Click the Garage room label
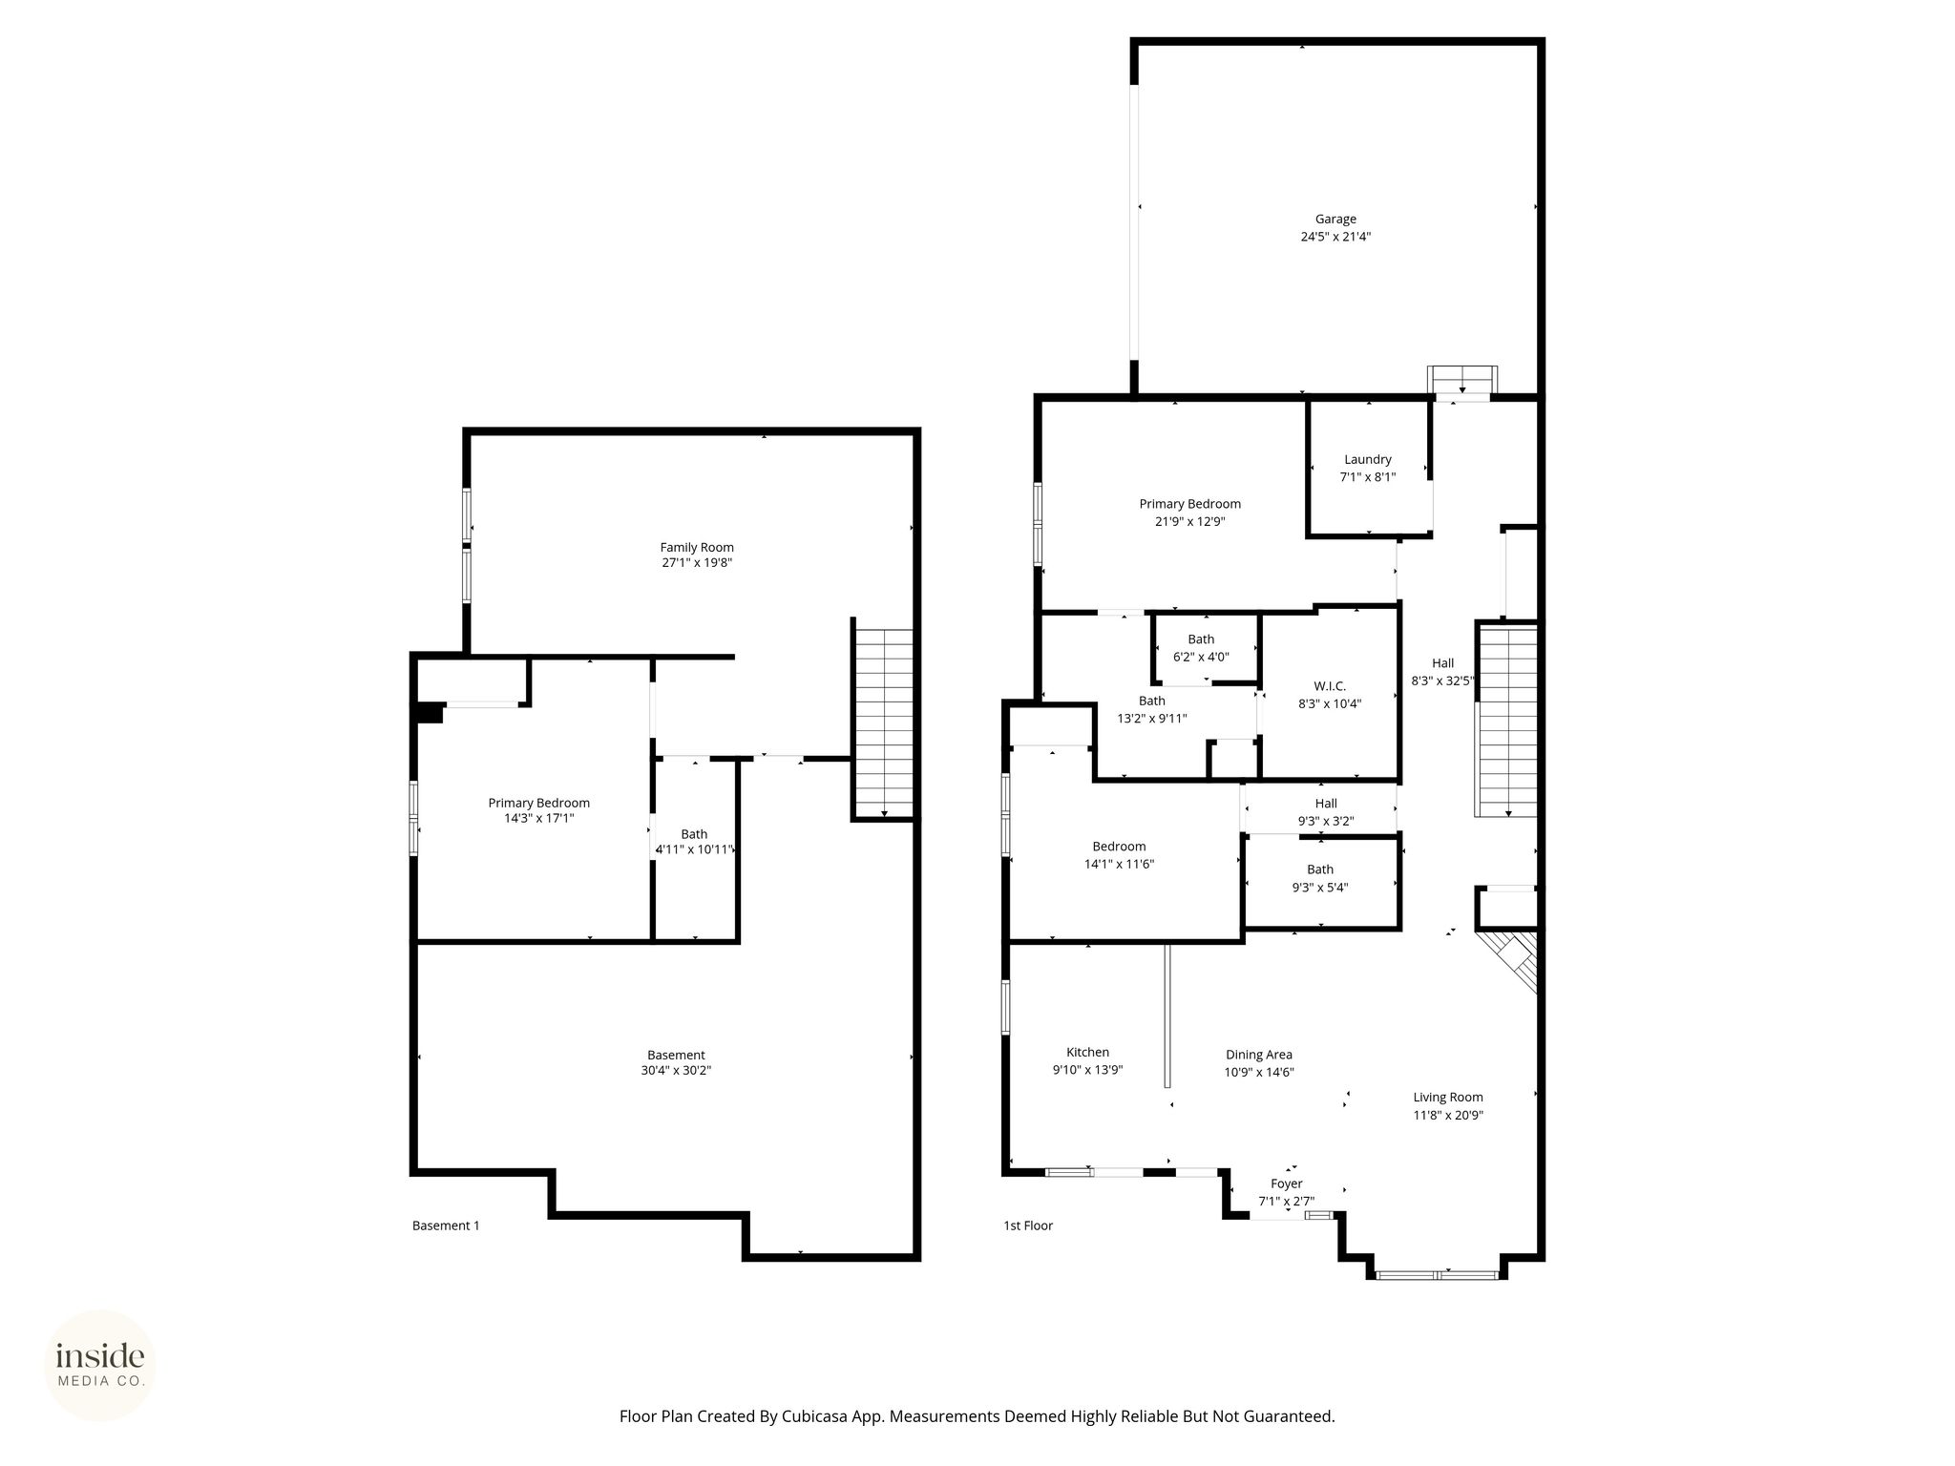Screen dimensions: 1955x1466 click(x=1335, y=220)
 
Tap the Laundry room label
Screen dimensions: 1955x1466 click(x=1368, y=459)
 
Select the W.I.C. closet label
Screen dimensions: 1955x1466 click(x=1330, y=686)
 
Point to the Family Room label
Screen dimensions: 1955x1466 click(x=697, y=547)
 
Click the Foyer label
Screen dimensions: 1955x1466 click(x=1287, y=1183)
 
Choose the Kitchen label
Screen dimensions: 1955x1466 click(x=1087, y=1052)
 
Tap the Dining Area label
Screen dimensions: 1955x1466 click(x=1259, y=1055)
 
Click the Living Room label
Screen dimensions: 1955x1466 click(x=1448, y=1098)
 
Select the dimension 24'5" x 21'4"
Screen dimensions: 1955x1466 click(x=1335, y=237)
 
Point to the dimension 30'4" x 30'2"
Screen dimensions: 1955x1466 click(x=676, y=1071)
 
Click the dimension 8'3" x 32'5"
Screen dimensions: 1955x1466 click(x=1443, y=681)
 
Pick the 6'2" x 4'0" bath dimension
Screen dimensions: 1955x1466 click(x=1201, y=657)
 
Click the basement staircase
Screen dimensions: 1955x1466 click(x=884, y=723)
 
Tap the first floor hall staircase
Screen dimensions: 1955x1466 click(x=1508, y=720)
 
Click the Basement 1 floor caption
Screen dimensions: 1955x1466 click(x=446, y=1225)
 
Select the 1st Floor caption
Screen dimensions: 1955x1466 click(x=1028, y=1225)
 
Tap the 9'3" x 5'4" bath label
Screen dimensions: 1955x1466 click(x=1320, y=878)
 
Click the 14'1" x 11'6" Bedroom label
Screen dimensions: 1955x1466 click(x=1119, y=855)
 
